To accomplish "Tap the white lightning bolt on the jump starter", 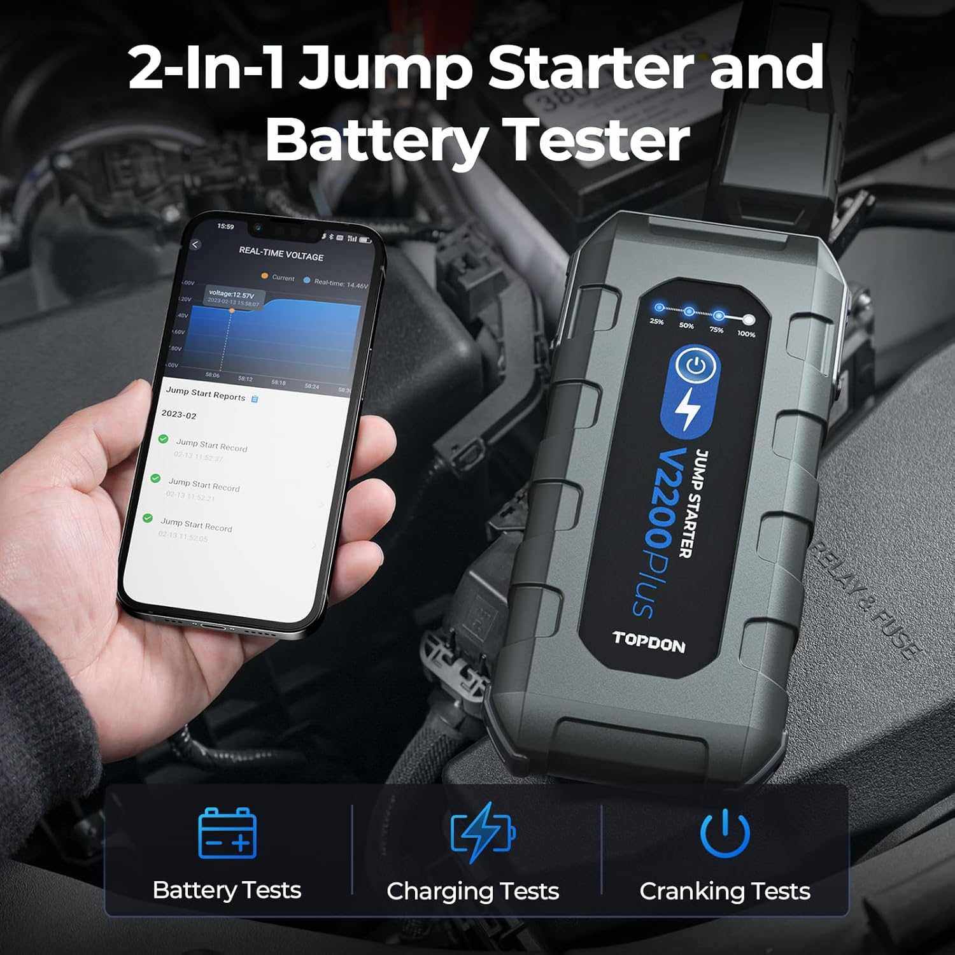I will tap(686, 410).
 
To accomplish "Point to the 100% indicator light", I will tap(749, 320).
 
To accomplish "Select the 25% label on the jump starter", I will tap(657, 322).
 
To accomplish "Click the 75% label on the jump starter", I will tap(716, 330).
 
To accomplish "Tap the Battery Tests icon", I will tap(227, 833).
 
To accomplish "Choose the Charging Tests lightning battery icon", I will tap(483, 832).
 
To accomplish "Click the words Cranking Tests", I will tap(725, 891).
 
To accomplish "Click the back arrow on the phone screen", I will tap(195, 244).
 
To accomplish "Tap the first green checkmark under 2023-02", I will tap(163, 439).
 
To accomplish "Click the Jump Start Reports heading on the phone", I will tap(206, 394).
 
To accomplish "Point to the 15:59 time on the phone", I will tap(225, 226).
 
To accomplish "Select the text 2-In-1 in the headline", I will tap(206, 69).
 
